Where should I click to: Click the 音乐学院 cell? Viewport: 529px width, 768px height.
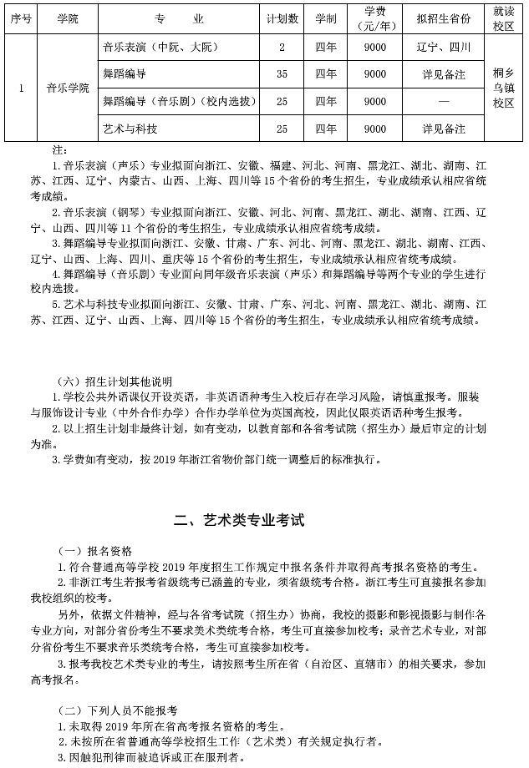click(x=68, y=88)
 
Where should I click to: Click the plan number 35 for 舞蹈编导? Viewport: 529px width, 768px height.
click(x=282, y=74)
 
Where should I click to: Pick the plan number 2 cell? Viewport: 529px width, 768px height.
click(x=282, y=48)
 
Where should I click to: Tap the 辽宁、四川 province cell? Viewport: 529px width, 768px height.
click(x=443, y=48)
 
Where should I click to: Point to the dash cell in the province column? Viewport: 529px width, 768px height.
click(x=443, y=102)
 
